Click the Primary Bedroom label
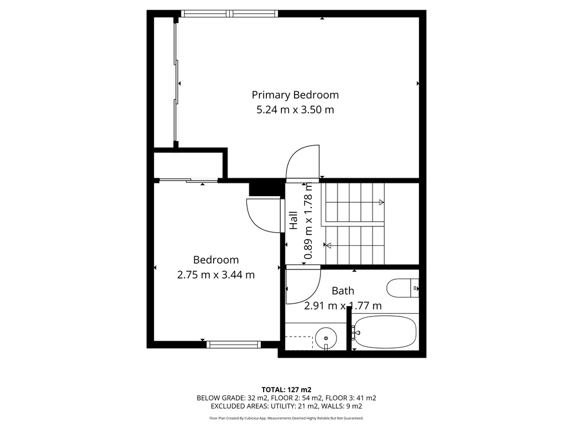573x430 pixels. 295,95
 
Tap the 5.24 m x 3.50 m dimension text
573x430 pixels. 295,110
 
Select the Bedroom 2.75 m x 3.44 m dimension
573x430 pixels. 215,275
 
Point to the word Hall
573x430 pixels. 293,221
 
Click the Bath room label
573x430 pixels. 343,291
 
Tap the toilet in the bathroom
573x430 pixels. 403,288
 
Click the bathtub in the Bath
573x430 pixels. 385,332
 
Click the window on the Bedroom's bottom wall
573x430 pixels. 234,345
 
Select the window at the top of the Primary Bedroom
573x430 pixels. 230,14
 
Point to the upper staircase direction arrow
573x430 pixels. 381,202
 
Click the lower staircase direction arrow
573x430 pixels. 328,245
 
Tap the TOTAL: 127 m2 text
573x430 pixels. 286,390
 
